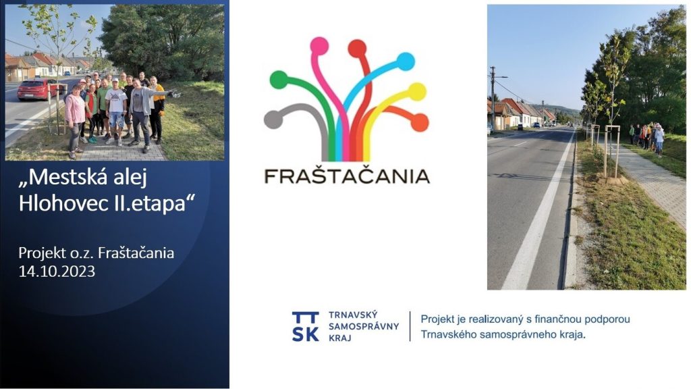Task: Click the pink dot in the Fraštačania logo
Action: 319,47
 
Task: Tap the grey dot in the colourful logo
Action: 273,120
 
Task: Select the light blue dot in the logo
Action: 406,61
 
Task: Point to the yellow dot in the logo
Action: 417,92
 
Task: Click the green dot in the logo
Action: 279,80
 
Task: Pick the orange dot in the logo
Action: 420,123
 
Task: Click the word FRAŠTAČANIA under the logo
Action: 347,176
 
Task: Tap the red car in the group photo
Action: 38,90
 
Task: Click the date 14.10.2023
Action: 57,271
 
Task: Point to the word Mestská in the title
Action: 63,178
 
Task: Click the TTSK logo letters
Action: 306,326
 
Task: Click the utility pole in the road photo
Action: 493,98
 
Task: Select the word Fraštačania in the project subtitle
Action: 136,253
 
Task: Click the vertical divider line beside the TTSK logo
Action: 410,326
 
